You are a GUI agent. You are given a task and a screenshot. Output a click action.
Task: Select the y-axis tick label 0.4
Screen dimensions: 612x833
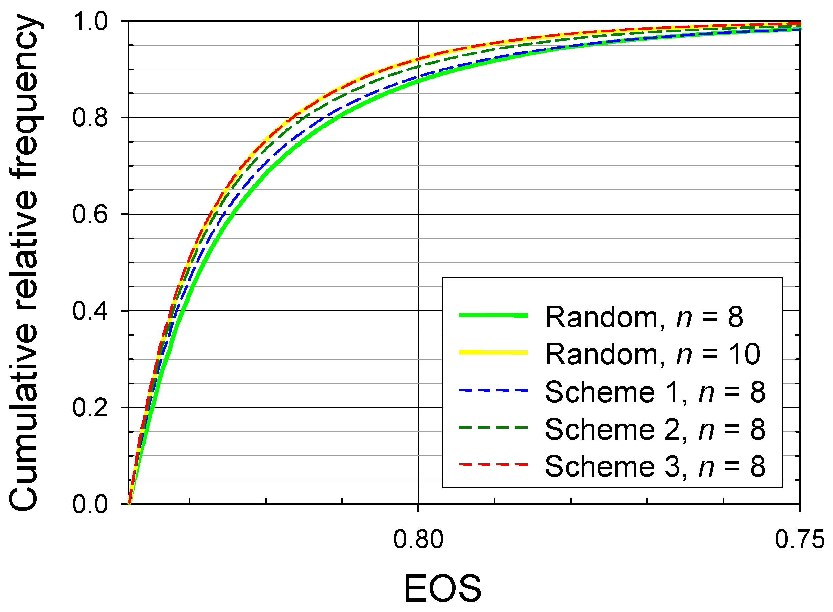click(90, 311)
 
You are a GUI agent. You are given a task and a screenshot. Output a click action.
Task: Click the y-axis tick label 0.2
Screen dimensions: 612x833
click(90, 407)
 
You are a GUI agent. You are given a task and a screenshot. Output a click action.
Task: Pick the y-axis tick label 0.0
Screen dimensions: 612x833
click(90, 504)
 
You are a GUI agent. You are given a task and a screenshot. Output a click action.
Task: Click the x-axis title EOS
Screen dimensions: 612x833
click(443, 588)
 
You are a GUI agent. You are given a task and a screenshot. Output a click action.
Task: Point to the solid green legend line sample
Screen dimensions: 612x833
click(493, 315)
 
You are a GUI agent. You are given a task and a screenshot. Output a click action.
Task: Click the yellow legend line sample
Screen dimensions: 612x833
click(493, 352)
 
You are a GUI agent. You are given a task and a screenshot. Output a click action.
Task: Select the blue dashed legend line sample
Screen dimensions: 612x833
click(493, 390)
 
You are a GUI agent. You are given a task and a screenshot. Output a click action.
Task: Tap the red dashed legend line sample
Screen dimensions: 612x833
click(493, 464)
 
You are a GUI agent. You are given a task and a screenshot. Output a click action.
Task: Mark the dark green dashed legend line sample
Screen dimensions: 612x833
click(493, 427)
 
